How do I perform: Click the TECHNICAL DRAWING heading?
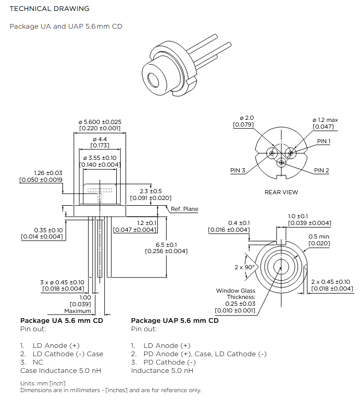point(49,9)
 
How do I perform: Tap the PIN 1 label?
point(324,142)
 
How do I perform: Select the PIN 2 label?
point(321,170)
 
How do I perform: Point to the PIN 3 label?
point(238,170)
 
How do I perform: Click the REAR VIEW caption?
point(281,192)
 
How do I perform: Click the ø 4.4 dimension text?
point(100,140)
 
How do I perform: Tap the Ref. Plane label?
point(184,209)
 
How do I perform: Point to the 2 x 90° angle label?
point(244,267)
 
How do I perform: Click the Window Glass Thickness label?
point(235,294)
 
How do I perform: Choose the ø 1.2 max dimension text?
point(325,120)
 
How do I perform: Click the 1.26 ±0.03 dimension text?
point(48,173)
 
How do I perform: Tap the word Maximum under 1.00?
point(78,311)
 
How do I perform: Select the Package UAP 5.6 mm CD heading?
point(175,320)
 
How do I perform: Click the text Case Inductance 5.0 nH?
point(60,370)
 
